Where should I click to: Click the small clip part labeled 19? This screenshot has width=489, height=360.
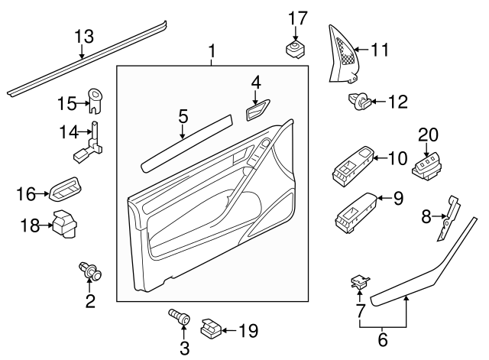(x=210, y=329)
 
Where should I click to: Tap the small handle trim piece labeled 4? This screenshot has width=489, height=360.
(x=256, y=110)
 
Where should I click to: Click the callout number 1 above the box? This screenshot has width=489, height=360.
(x=212, y=52)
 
